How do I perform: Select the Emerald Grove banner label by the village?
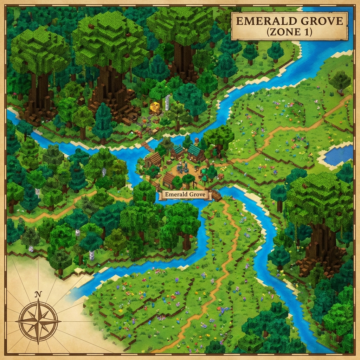tap(184, 194)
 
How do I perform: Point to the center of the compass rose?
tap(38, 321)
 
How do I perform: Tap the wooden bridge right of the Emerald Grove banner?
tap(216, 195)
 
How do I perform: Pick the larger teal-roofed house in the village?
tap(195, 153)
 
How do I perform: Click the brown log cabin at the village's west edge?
tap(153, 160)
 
